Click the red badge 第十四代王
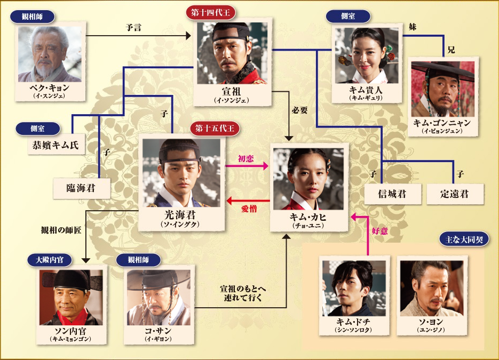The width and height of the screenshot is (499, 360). (210, 13)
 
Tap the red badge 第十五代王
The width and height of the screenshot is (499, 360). (215, 129)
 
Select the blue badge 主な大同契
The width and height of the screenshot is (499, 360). (464, 239)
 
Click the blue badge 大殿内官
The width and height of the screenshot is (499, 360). (50, 260)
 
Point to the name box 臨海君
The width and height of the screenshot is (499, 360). (82, 188)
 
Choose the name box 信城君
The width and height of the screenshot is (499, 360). (393, 194)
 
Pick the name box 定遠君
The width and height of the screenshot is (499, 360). (455, 194)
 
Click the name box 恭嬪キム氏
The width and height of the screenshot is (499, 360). (56, 145)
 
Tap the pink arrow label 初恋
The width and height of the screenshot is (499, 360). (246, 158)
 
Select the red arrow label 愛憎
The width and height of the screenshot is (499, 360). (249, 209)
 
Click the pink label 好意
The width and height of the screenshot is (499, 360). (379, 230)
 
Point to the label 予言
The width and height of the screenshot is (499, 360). (133, 27)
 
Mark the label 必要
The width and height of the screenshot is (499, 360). (300, 110)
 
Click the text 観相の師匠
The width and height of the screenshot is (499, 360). (61, 230)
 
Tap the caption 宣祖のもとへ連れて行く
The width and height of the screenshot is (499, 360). (243, 293)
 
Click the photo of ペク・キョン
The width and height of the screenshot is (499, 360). (50, 54)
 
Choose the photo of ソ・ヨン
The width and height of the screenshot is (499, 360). (432, 289)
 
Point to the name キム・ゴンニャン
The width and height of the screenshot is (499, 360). (442, 123)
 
